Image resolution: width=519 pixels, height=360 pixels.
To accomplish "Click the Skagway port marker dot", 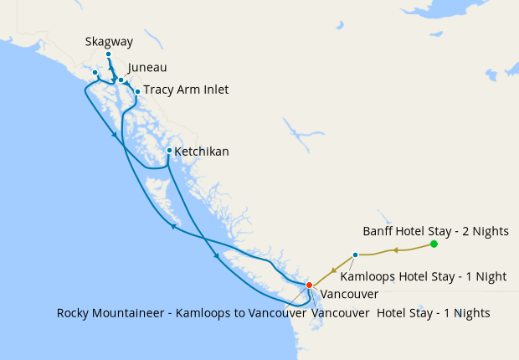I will click(x=108, y=54).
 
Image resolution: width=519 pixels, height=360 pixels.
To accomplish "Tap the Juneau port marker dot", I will click(x=121, y=80).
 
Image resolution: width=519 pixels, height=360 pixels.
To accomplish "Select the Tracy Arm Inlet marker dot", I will click(x=137, y=91).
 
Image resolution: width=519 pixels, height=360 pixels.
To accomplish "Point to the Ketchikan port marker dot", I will click(x=169, y=151).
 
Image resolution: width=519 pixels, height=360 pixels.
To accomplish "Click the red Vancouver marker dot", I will click(x=309, y=285).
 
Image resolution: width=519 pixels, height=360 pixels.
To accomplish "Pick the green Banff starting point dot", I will click(x=434, y=244).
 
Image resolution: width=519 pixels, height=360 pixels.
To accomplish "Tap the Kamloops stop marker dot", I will click(x=355, y=255).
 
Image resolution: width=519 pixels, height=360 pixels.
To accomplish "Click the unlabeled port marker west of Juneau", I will click(x=95, y=73).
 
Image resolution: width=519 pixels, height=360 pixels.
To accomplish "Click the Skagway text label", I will click(x=108, y=42).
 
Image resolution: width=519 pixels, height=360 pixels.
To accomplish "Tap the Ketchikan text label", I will click(x=201, y=152).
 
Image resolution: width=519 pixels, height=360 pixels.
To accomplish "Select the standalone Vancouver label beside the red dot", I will click(x=349, y=295).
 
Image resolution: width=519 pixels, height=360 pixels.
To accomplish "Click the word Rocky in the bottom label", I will click(x=74, y=313).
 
